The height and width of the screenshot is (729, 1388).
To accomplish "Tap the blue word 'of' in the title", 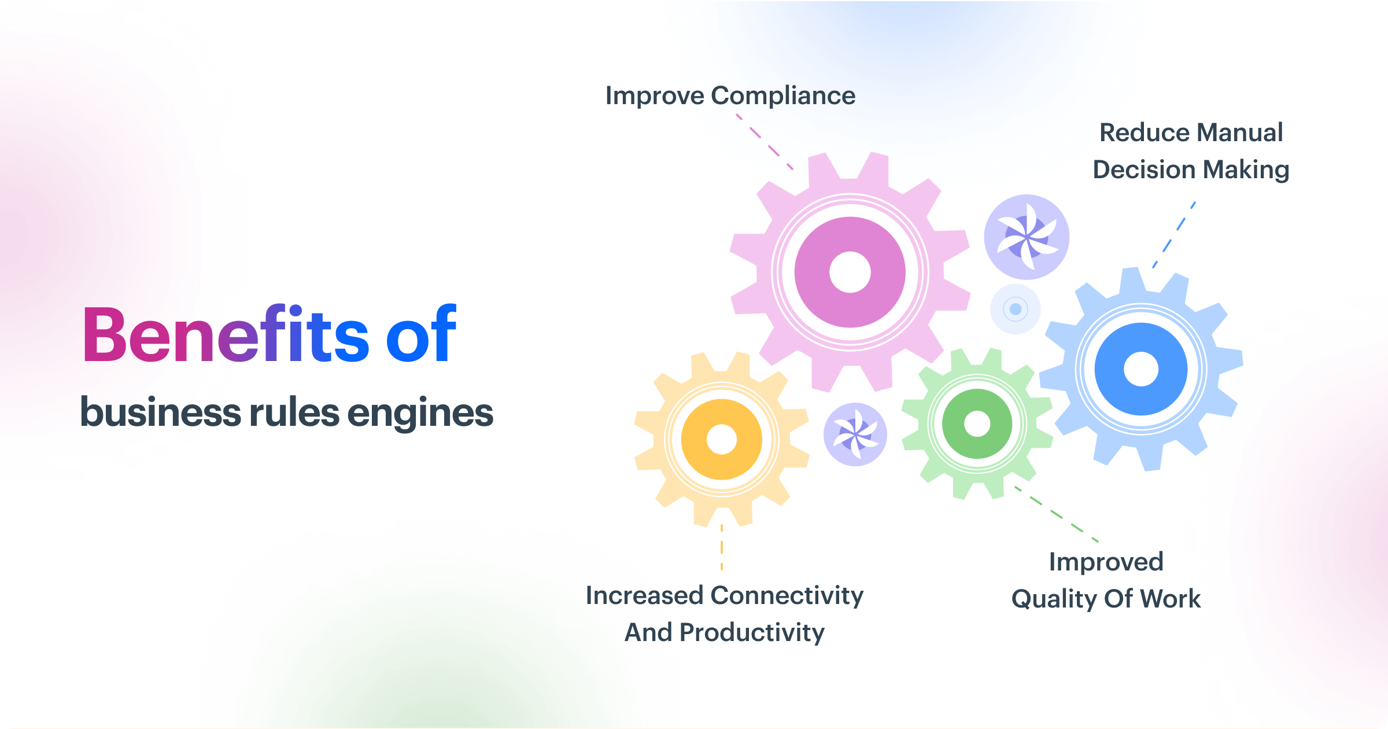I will (x=421, y=336).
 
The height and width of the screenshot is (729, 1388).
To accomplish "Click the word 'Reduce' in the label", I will (x=1142, y=133).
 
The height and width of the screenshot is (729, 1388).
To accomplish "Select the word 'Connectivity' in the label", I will (x=787, y=596).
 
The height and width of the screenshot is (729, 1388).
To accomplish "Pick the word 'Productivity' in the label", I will (x=752, y=633).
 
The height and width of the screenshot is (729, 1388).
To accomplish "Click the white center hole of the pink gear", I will (x=850, y=273).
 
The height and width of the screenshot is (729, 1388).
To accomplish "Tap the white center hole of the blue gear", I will (x=1141, y=369).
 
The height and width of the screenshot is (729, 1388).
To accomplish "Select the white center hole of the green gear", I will (x=977, y=424).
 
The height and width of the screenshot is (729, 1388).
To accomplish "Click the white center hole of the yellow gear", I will (x=722, y=440).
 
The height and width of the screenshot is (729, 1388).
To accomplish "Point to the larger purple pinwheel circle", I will (x=1027, y=237).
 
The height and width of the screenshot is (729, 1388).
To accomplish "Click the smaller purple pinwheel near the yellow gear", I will (x=855, y=435).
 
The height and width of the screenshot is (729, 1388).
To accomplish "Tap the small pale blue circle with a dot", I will (x=1016, y=309).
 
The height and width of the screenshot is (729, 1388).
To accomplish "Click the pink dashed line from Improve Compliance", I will (x=765, y=142).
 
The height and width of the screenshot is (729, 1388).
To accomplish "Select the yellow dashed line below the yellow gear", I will (x=722, y=547).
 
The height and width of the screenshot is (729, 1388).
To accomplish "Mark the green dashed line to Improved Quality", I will (x=1057, y=514).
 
